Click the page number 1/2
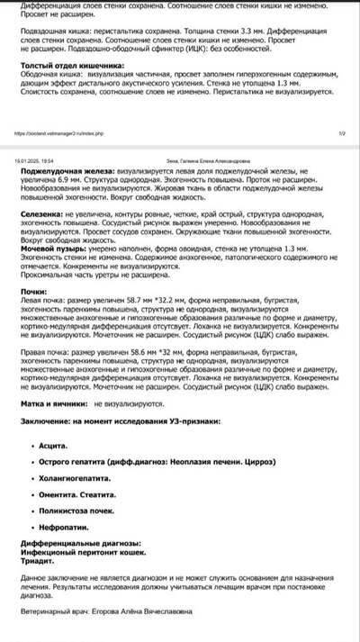(x=342, y=131)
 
